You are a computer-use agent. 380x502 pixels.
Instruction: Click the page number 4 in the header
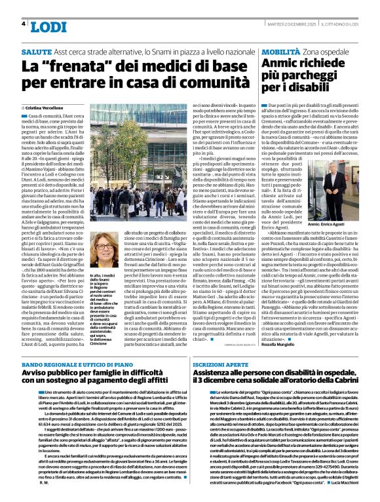(24, 24)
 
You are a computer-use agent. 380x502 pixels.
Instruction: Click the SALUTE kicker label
(37, 51)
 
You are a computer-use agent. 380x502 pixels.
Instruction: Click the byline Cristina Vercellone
(48, 107)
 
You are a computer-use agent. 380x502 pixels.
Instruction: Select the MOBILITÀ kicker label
(281, 51)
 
